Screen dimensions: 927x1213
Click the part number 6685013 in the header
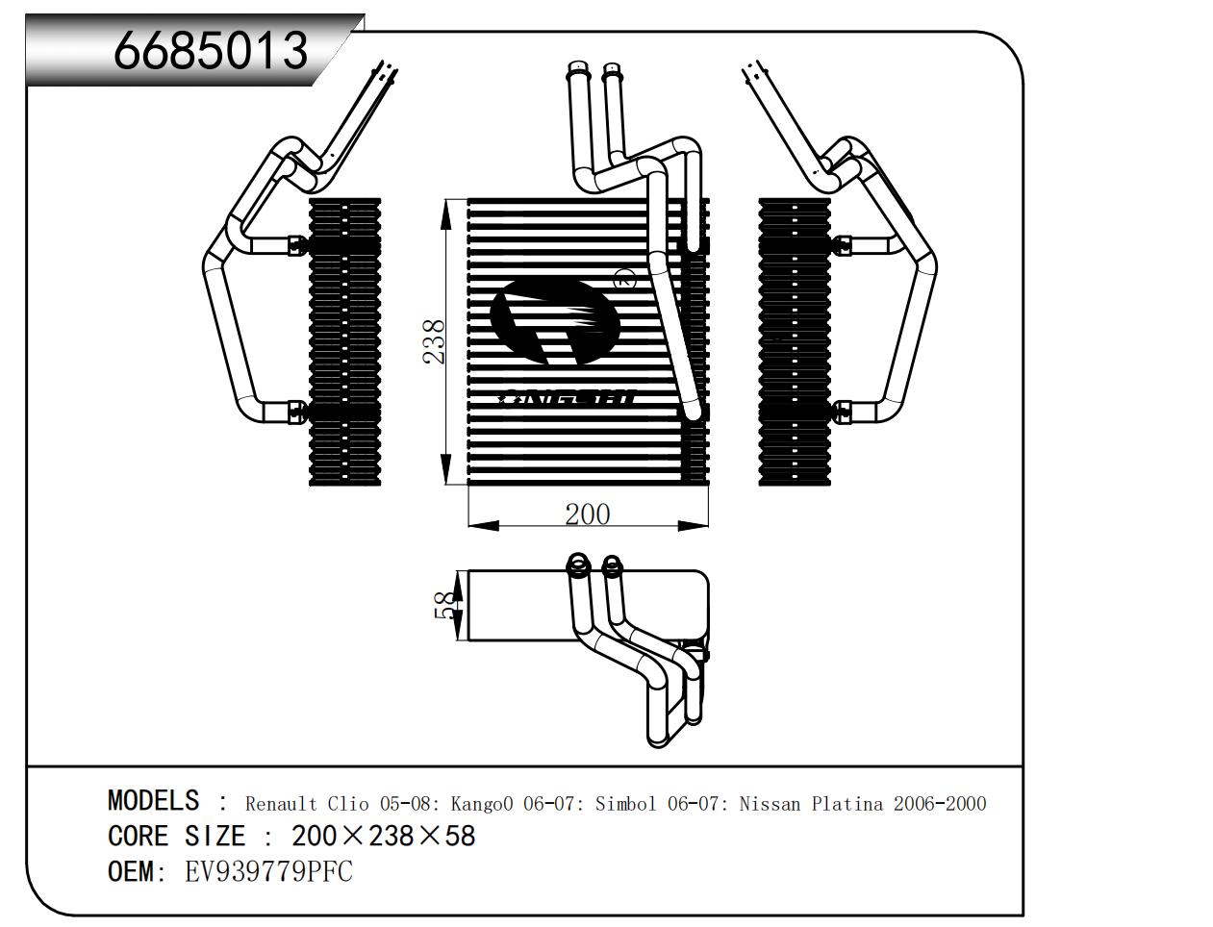coord(211,50)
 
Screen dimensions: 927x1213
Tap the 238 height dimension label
coord(434,341)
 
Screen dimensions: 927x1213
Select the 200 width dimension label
coord(587,514)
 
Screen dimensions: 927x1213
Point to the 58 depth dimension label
coord(446,605)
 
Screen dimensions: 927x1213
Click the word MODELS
coord(153,800)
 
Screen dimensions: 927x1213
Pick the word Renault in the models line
coord(281,803)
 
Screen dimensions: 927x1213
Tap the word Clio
coord(348,803)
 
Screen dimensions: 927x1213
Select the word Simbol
coord(626,803)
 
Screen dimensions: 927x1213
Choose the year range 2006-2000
coord(940,803)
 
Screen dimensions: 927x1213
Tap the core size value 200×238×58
coord(383,836)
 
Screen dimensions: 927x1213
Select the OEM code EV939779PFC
coord(268,871)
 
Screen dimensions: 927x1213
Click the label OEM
coord(131,871)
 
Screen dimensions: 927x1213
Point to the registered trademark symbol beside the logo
coord(621,281)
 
